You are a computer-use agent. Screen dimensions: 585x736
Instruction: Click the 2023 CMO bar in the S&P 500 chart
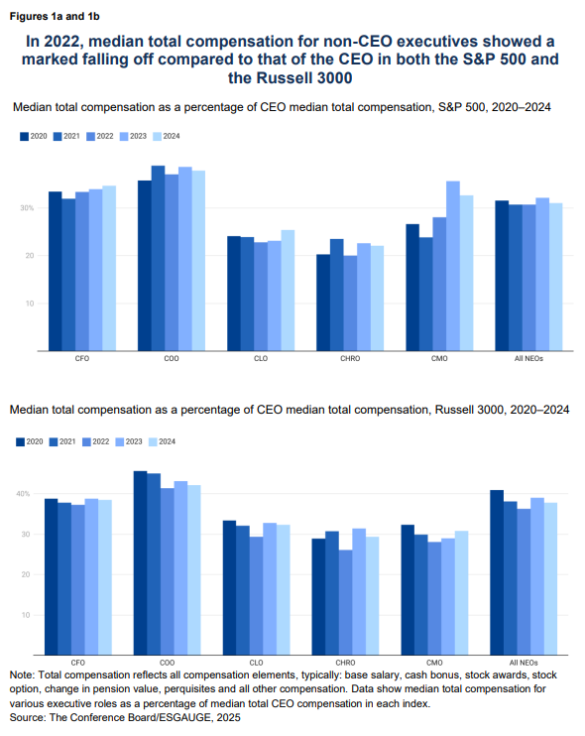[453, 266]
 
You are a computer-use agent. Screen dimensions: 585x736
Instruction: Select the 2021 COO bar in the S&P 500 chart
[158, 258]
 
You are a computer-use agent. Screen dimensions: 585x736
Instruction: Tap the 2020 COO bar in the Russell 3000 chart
[140, 562]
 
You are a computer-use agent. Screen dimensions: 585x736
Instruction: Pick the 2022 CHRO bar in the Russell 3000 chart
[345, 602]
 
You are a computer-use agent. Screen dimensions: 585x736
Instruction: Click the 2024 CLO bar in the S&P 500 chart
[288, 290]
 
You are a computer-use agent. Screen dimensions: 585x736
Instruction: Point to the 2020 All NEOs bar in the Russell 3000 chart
[497, 572]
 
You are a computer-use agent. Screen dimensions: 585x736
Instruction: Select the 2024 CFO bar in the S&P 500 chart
[109, 268]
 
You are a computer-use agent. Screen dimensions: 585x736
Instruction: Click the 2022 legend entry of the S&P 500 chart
[100, 136]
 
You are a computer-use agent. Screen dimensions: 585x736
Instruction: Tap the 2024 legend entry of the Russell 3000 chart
[162, 441]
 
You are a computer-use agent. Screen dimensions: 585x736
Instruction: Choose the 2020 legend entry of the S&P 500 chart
[34, 136]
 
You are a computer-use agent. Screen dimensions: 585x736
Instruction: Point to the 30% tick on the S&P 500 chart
[27, 208]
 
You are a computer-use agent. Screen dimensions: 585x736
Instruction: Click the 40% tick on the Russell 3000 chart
[23, 494]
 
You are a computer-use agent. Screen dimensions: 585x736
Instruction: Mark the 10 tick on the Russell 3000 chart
[26, 615]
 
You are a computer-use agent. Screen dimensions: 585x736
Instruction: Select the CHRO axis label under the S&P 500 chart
[350, 359]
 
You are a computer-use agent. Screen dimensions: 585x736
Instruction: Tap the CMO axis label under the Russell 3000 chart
[434, 663]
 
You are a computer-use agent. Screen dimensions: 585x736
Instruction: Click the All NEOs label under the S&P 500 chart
[528, 359]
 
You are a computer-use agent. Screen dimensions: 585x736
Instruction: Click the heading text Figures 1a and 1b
[55, 17]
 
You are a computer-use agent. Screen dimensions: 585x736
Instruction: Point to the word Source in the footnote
[26, 717]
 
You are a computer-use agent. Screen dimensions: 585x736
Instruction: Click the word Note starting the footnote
[21, 675]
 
